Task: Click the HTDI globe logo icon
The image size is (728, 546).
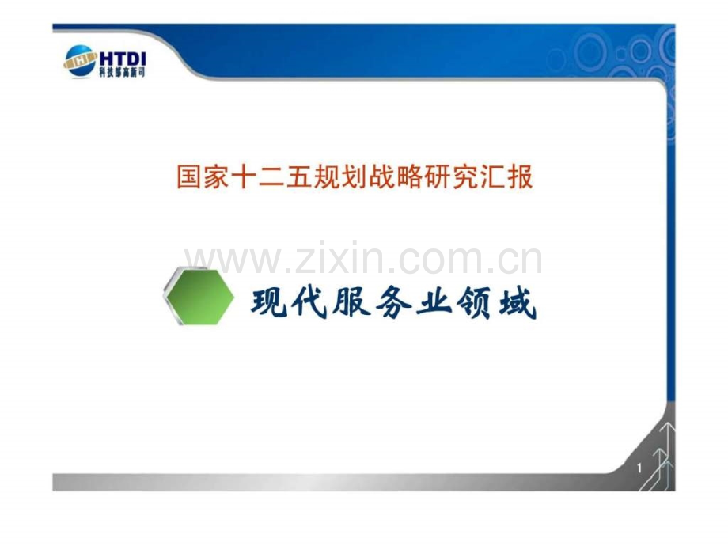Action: [80, 61]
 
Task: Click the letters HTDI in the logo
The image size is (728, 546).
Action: [123, 59]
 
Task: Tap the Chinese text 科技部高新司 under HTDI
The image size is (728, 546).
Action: [122, 72]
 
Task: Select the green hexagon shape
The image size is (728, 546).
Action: [199, 296]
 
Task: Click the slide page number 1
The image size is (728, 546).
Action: [639, 468]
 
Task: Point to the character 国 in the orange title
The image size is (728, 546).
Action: [190, 177]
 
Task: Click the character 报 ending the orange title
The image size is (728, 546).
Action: [521, 177]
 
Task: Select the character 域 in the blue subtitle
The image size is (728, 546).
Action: [518, 303]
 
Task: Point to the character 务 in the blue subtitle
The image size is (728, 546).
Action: [393, 303]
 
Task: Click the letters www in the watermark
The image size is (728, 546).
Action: [233, 261]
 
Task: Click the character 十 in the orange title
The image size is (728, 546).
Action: [245, 177]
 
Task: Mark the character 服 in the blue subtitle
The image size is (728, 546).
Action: [351, 303]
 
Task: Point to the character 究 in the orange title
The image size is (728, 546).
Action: [465, 177]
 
